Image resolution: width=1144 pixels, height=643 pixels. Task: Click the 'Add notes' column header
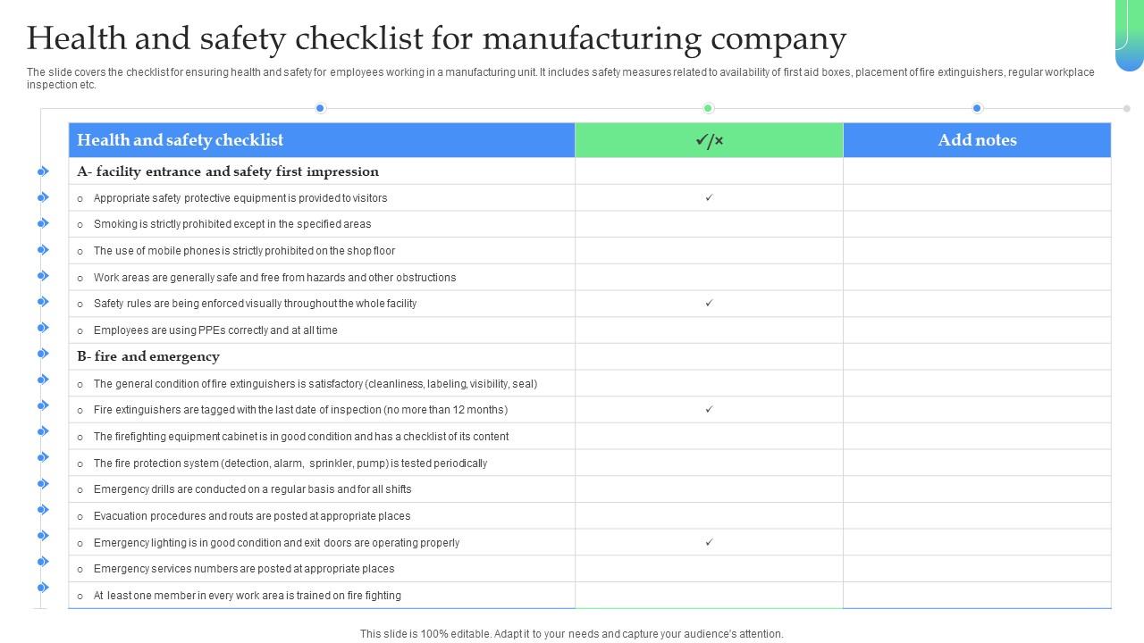tap(977, 140)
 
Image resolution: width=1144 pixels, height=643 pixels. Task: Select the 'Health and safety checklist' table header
tap(180, 140)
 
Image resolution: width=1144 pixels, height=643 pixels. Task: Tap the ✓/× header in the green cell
tap(709, 140)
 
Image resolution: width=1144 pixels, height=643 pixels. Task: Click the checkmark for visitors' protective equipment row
tap(709, 197)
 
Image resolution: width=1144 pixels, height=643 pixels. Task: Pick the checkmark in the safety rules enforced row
tap(709, 303)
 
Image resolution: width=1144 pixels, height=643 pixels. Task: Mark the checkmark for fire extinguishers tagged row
tap(709, 409)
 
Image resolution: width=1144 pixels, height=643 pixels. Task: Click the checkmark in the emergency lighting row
tap(709, 542)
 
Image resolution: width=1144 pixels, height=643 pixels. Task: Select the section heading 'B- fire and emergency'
tap(148, 356)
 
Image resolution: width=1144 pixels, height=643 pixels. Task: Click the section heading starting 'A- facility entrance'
tap(228, 171)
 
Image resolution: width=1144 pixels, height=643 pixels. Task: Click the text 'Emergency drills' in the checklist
tap(134, 489)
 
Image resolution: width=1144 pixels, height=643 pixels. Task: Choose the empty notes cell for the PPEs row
tap(977, 330)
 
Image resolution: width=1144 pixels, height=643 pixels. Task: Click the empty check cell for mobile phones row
tap(709, 251)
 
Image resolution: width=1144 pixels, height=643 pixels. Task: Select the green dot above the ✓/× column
tap(708, 108)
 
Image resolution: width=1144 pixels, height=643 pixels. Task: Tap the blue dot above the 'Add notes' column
tap(977, 108)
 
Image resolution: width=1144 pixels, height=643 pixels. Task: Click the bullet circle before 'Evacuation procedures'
tap(80, 516)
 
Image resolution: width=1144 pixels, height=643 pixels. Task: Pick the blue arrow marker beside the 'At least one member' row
tap(43, 588)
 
